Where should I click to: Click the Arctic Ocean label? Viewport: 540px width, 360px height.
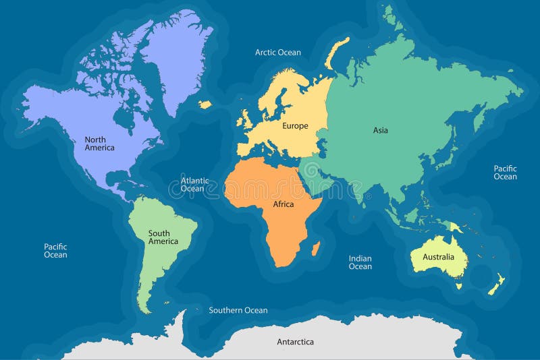(x=277, y=52)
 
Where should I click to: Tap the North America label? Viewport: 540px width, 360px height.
(x=99, y=143)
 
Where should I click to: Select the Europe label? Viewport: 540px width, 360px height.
(x=295, y=126)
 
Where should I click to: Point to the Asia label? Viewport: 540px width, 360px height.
(x=381, y=130)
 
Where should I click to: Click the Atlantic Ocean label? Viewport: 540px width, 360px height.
(x=194, y=185)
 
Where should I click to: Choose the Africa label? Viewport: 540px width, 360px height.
(x=283, y=204)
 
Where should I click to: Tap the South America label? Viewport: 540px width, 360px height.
(x=163, y=237)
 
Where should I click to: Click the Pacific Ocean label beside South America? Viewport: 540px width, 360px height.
(x=55, y=251)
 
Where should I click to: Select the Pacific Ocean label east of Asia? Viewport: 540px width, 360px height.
(x=505, y=173)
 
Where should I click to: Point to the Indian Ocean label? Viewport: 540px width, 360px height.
(x=360, y=262)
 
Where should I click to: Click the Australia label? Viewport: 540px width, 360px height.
(x=438, y=257)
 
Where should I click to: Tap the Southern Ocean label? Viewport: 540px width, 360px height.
(x=238, y=310)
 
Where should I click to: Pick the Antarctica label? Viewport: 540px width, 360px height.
(x=295, y=342)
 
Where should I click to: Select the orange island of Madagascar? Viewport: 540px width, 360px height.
(x=315, y=250)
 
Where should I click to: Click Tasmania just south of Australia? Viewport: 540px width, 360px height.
(x=458, y=286)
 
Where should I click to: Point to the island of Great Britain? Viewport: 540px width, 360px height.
(x=247, y=120)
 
